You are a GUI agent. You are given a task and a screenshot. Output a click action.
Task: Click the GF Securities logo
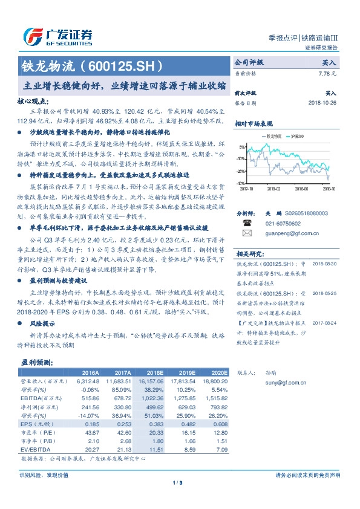pyautogui.click(x=57, y=37)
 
